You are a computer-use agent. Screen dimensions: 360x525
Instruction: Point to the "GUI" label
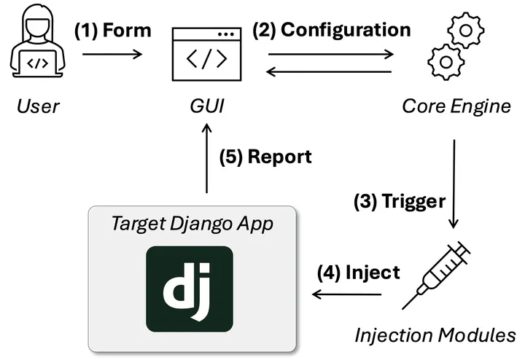tap(205, 107)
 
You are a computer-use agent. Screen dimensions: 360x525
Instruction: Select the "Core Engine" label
tap(456, 107)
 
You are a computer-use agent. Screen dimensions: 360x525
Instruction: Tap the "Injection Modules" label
tap(435, 336)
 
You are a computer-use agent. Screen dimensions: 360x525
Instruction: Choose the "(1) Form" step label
tap(113, 31)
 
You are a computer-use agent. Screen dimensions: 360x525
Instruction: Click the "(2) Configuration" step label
tap(332, 31)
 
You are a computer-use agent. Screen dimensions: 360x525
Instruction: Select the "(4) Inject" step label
tap(358, 273)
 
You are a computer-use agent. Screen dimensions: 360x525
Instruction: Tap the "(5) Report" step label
tap(265, 157)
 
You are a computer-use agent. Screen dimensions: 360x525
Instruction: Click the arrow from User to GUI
tap(113, 53)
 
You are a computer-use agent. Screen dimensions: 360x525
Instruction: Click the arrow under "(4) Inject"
tap(347, 294)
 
